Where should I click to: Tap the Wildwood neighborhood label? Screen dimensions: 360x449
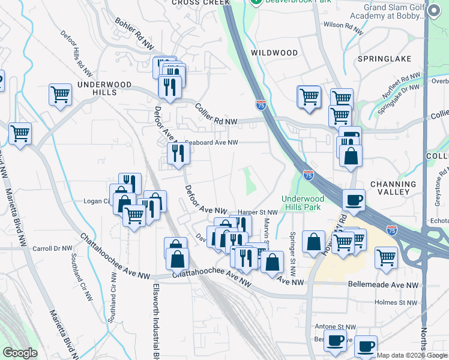tap(274, 53)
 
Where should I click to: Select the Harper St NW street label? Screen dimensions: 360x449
tap(258, 212)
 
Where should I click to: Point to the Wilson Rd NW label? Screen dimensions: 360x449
tap(343, 25)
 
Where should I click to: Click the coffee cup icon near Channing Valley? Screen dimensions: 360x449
tap(354, 199)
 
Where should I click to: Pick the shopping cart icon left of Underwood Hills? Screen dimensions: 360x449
tap(60, 94)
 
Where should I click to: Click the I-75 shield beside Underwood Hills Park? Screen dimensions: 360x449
tap(308, 175)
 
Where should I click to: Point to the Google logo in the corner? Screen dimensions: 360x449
tap(20, 353)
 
